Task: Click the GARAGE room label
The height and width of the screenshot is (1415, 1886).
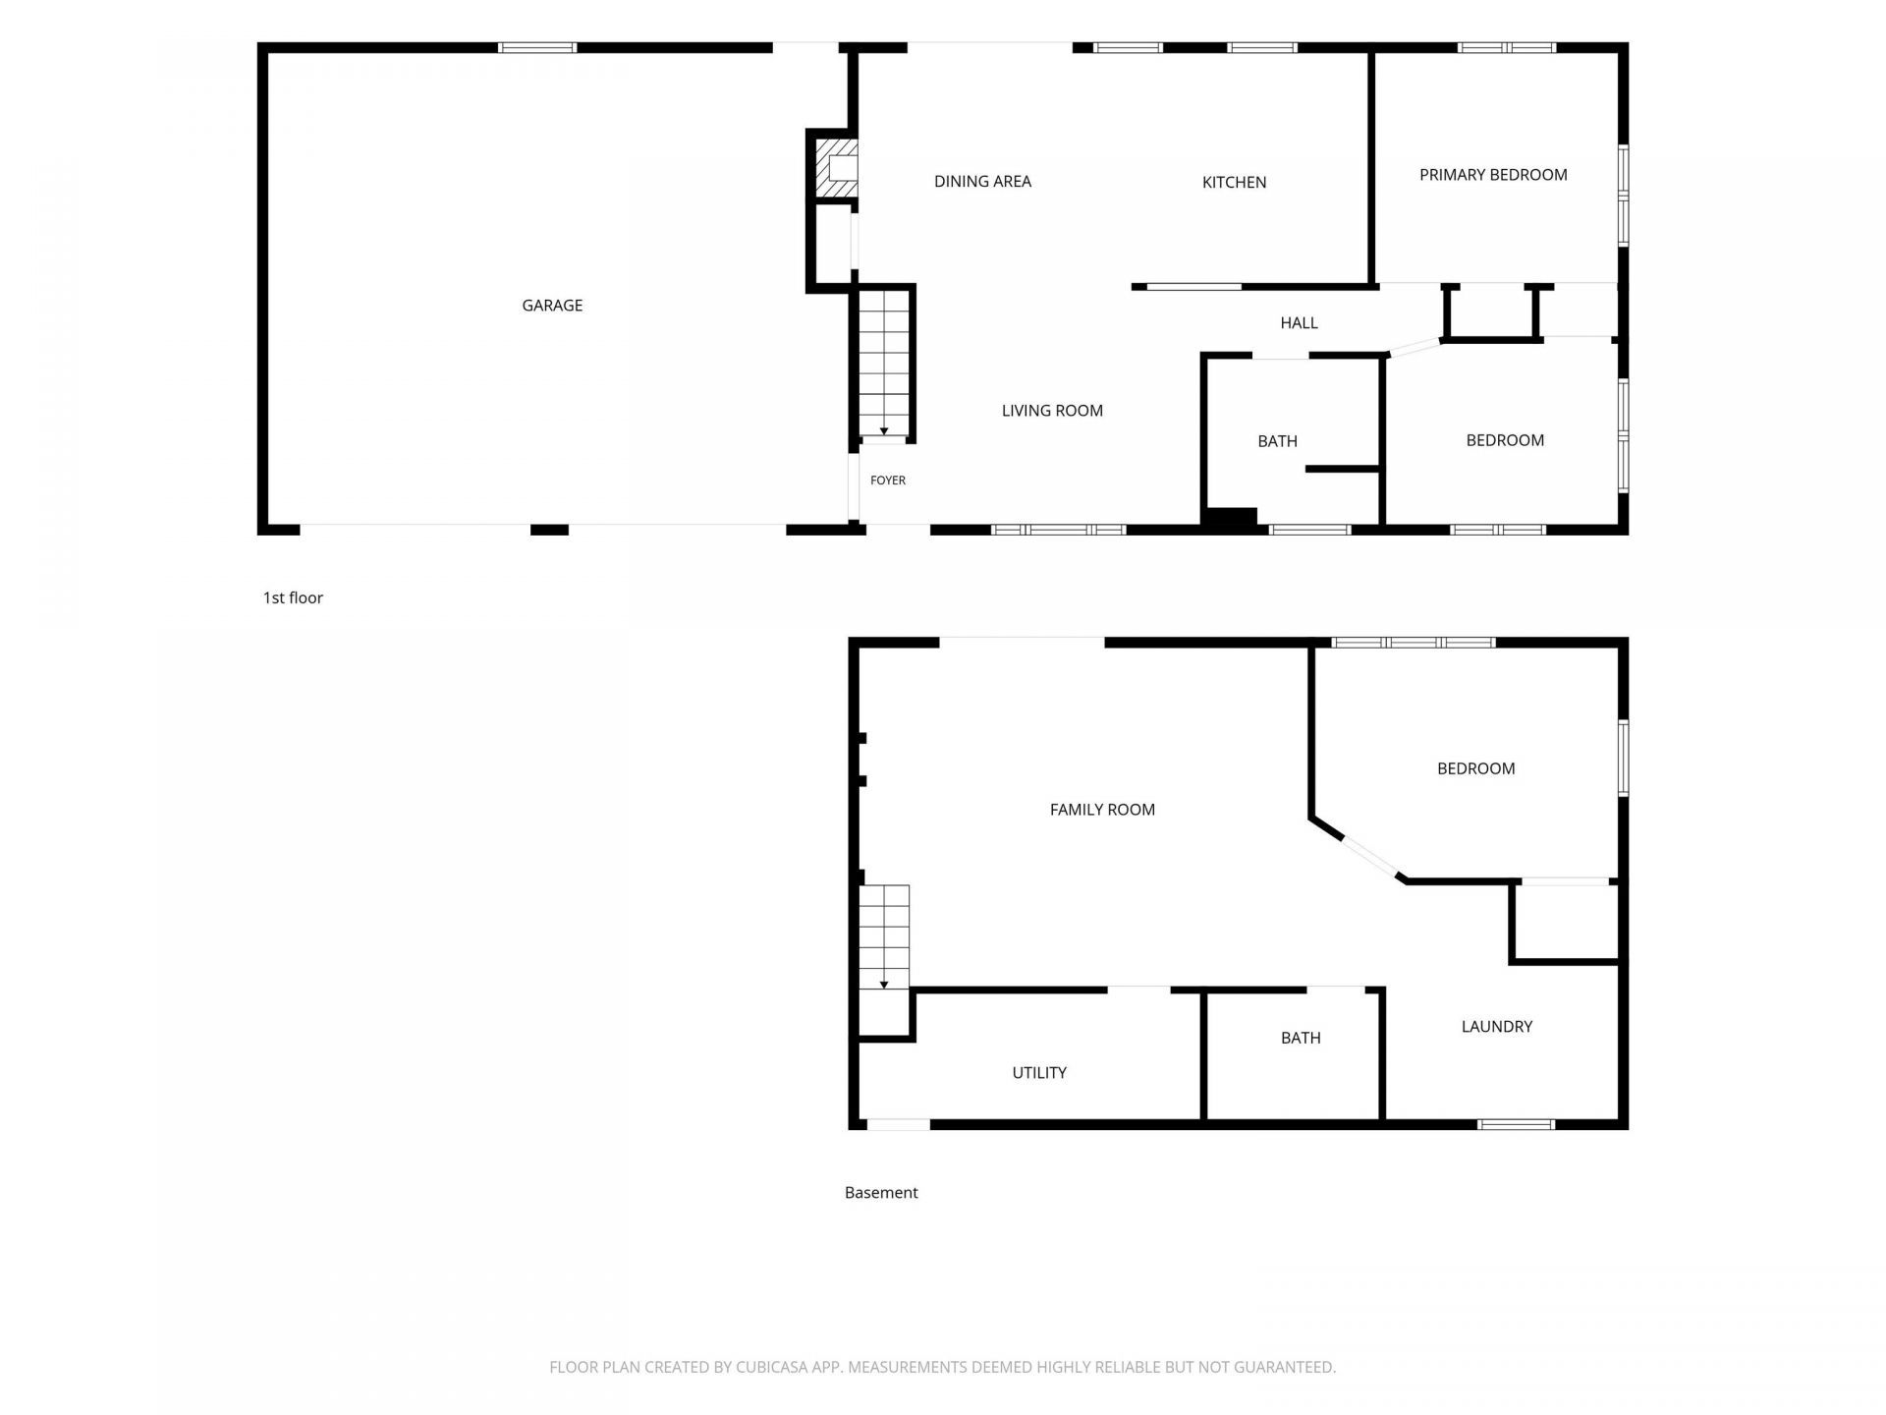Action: pyautogui.click(x=552, y=306)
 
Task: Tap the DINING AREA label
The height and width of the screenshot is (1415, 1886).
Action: pyautogui.click(x=982, y=181)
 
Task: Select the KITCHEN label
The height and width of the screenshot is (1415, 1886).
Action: pyautogui.click(x=1234, y=182)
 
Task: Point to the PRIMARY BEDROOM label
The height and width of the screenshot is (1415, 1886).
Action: pyautogui.click(x=1493, y=175)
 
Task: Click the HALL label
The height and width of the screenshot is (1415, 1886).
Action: pyautogui.click(x=1299, y=322)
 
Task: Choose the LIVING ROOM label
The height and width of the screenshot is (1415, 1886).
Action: pyautogui.click(x=1052, y=411)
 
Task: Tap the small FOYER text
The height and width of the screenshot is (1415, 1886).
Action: pyautogui.click(x=888, y=481)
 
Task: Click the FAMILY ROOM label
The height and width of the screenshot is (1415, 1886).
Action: pyautogui.click(x=1102, y=810)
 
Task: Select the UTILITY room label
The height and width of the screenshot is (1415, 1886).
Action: pyautogui.click(x=1039, y=1073)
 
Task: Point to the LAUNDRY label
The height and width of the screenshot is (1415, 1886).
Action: pyautogui.click(x=1497, y=1027)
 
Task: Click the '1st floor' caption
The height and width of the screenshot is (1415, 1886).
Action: pyautogui.click(x=293, y=597)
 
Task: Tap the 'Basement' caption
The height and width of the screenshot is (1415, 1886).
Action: pyautogui.click(x=881, y=1193)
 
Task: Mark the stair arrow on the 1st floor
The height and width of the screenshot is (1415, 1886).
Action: pyautogui.click(x=884, y=431)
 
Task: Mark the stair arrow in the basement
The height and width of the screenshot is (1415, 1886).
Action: pyautogui.click(x=884, y=985)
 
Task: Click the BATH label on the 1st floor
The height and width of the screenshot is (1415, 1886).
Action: pyautogui.click(x=1277, y=441)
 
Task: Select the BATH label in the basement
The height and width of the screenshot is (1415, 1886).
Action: pyautogui.click(x=1301, y=1038)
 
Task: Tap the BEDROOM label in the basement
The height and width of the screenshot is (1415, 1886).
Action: pyautogui.click(x=1475, y=768)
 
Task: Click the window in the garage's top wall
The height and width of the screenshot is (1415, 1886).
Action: pyautogui.click(x=537, y=47)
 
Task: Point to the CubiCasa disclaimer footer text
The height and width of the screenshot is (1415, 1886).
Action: pyautogui.click(x=943, y=1367)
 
